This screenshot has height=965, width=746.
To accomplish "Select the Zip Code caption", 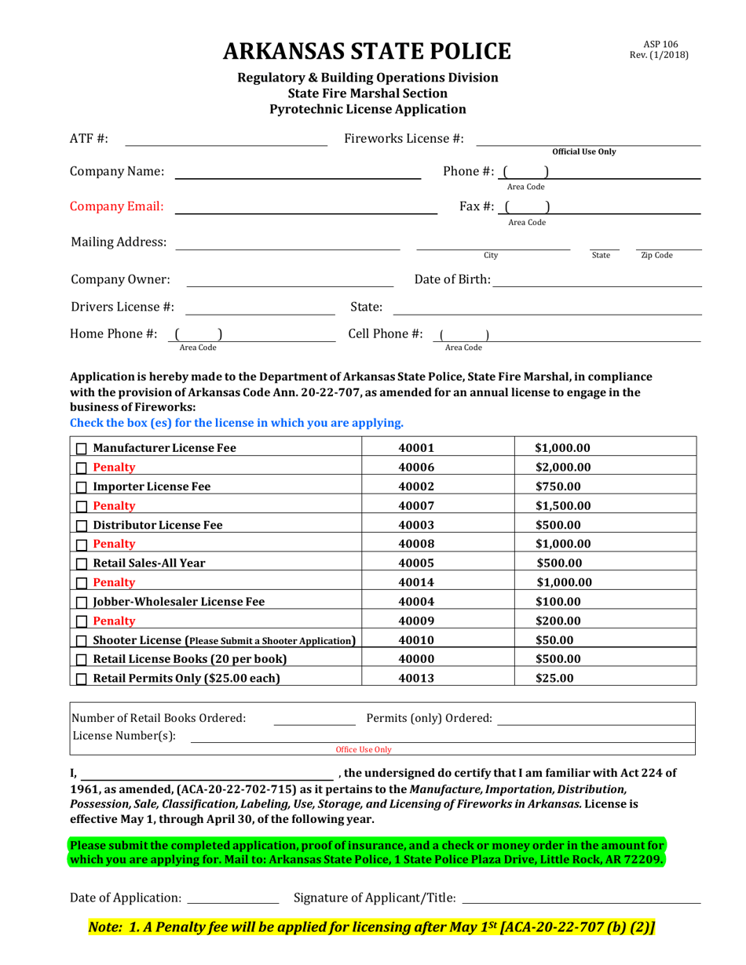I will pyautogui.click(x=656, y=255).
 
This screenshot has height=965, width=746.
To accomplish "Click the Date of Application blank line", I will pyautogui.click(x=233, y=898).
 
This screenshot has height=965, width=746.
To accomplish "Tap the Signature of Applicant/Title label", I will pyautogui.click(x=374, y=898).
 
